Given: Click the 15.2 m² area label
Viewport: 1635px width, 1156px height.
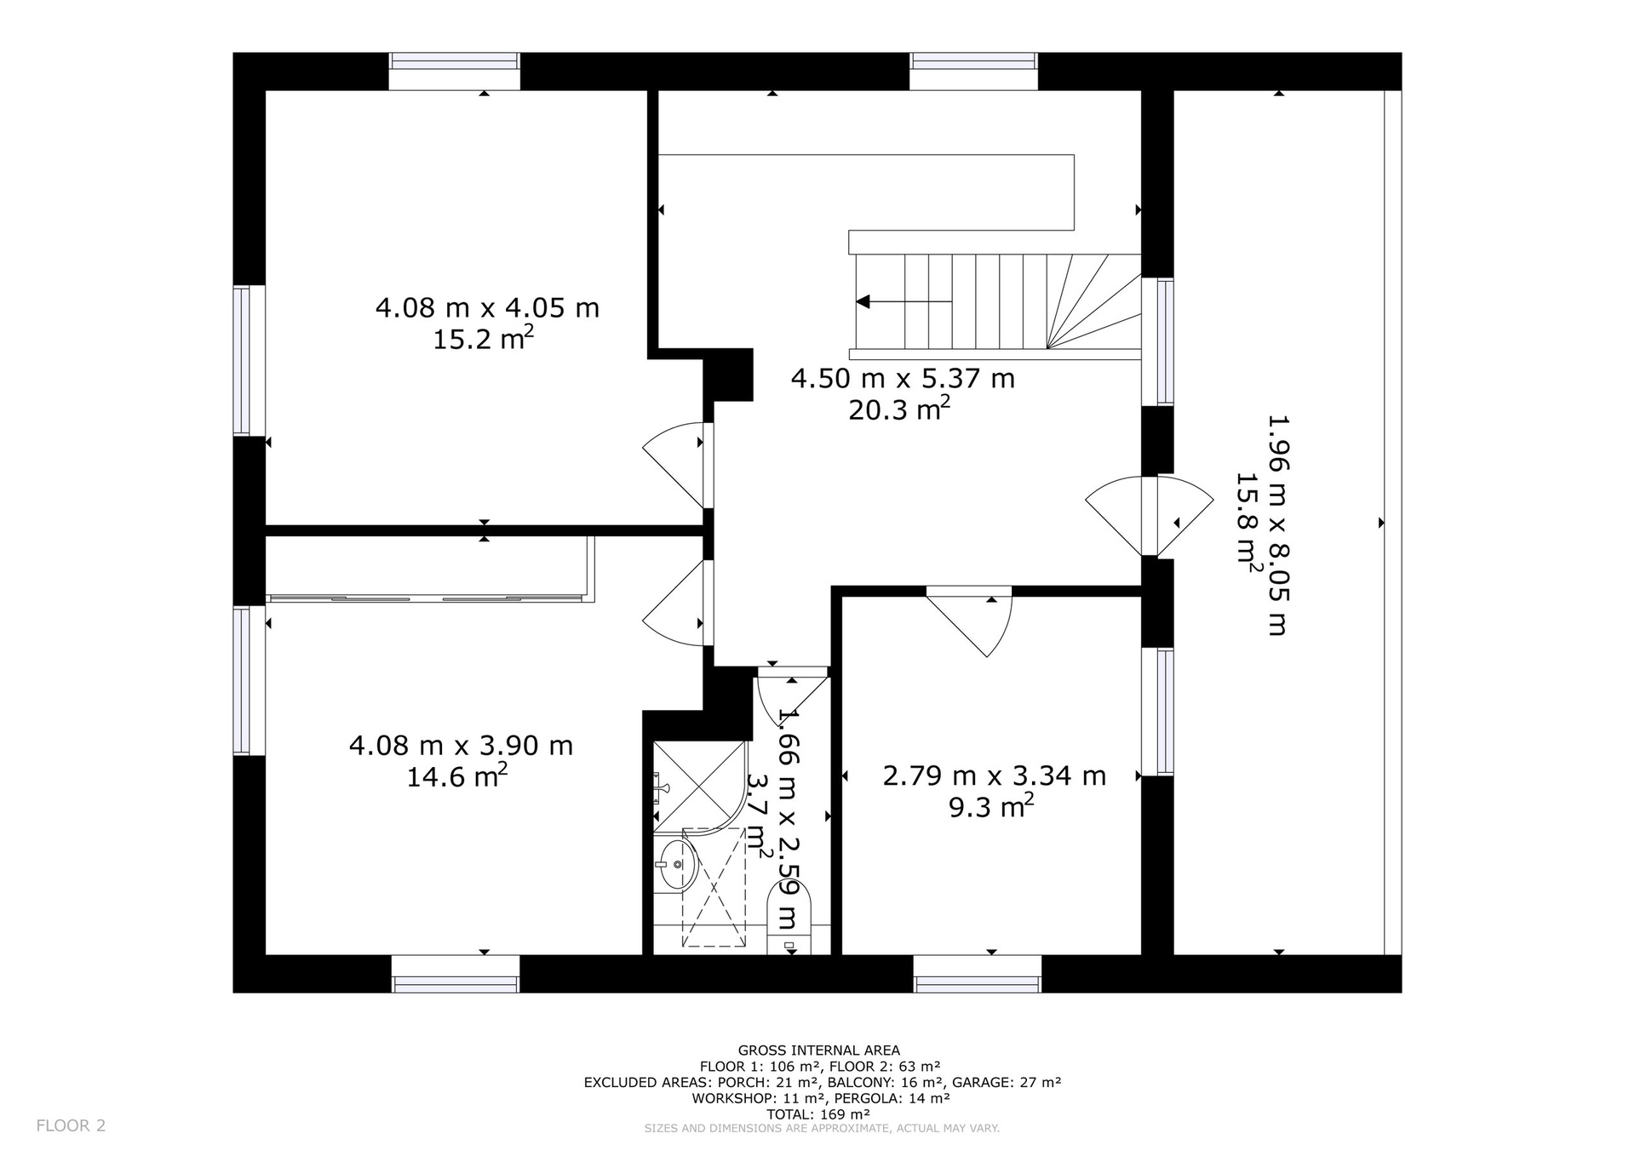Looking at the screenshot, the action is tap(484, 339).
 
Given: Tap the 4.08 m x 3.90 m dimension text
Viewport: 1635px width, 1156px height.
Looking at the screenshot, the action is tap(461, 746).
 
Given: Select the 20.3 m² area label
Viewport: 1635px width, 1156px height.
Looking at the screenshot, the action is tap(899, 409).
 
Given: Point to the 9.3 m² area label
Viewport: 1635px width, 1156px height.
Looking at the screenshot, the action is tap(991, 806).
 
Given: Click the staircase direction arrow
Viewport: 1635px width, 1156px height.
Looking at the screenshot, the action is tap(904, 301).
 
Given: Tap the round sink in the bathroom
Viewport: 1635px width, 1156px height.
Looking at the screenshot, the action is tap(677, 864).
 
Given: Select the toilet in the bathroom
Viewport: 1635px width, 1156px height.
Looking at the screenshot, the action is tap(789, 916).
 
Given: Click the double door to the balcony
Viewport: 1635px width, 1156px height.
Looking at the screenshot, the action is tap(1150, 516).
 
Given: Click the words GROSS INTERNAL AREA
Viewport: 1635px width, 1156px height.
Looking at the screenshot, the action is tap(818, 1050).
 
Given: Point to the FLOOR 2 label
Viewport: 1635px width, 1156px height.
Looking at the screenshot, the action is tap(71, 1125).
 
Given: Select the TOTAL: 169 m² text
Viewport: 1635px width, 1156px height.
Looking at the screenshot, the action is tap(817, 1113).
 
